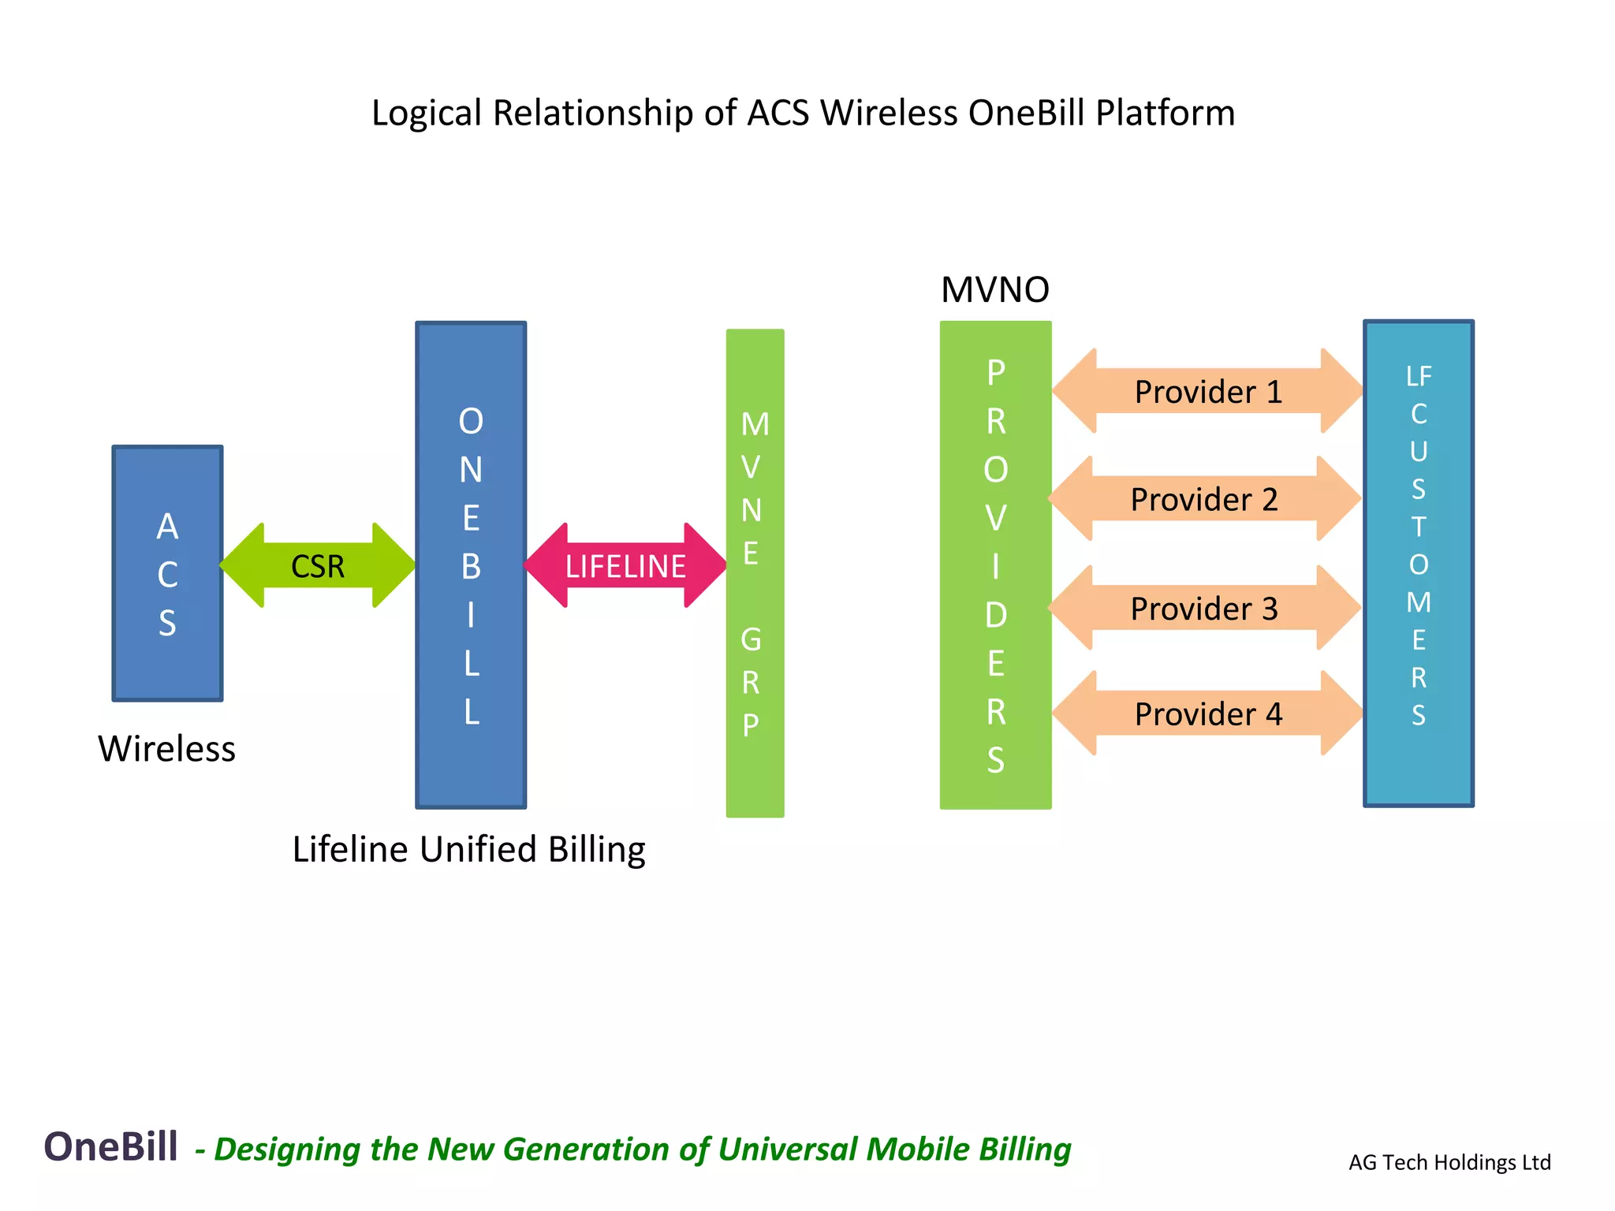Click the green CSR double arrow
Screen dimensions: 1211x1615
coord(318,566)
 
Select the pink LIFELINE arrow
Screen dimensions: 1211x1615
coord(625,566)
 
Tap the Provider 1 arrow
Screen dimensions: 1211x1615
coord(1207,392)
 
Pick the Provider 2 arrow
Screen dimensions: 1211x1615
coord(1204,499)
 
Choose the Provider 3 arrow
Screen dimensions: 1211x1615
coord(1204,608)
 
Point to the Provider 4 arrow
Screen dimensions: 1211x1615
coord(1207,714)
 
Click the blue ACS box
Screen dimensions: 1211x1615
coord(168,573)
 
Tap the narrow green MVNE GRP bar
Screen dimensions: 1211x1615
coord(755,573)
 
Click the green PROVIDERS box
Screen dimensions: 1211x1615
coord(995,565)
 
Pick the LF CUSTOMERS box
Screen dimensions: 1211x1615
coord(1418,563)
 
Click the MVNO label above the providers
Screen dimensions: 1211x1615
coord(994,290)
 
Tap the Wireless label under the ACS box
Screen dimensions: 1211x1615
coord(166,748)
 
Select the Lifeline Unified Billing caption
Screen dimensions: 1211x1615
coord(468,850)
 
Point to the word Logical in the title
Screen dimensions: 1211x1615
coord(426,114)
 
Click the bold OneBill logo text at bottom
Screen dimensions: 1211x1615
coord(110,1146)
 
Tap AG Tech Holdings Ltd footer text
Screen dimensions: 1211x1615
coord(1449,1162)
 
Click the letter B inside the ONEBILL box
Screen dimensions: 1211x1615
coord(471,566)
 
